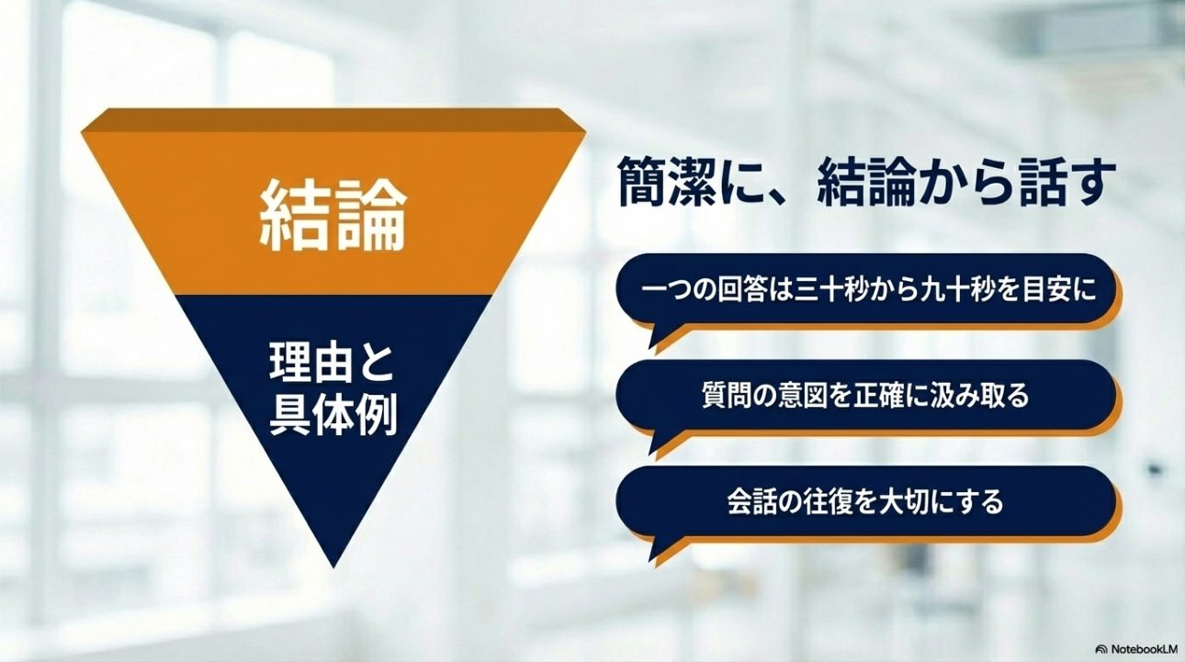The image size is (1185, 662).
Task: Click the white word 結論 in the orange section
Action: pyautogui.click(x=333, y=217)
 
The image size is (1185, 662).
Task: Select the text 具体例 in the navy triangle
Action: pyautogui.click(x=333, y=416)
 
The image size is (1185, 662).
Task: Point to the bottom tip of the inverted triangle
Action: pyautogui.click(x=333, y=568)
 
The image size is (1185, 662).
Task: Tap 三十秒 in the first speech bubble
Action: pyautogui.click(x=832, y=290)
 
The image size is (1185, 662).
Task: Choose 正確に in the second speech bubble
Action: pyautogui.click(x=893, y=396)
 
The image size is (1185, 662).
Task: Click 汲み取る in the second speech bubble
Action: pyautogui.click(x=981, y=396)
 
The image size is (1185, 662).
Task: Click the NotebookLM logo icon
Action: pyautogui.click(x=1101, y=649)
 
